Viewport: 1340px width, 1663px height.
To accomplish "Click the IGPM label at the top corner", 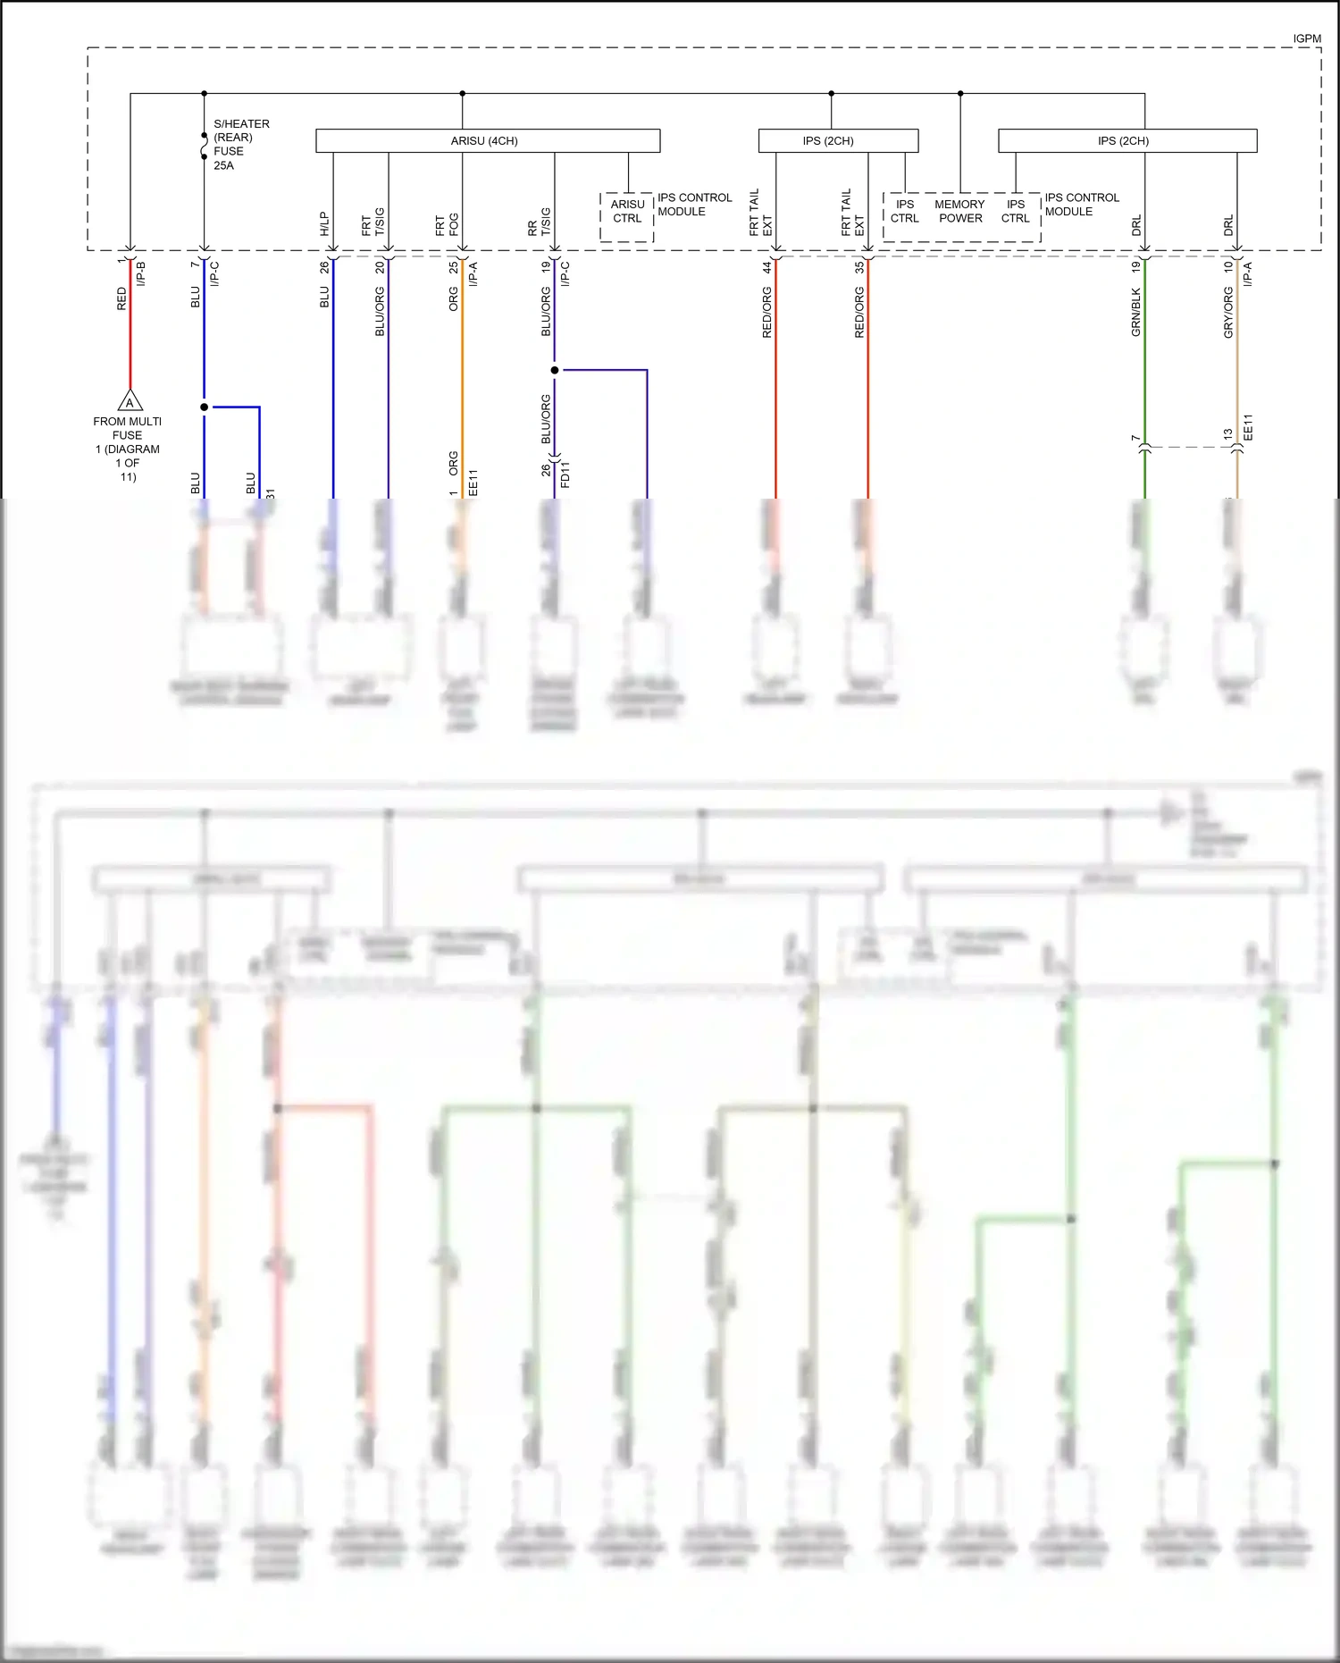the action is tap(1306, 38).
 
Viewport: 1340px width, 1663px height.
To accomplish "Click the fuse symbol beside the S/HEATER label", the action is tap(204, 146).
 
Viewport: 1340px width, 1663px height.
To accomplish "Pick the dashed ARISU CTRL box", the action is tap(627, 216).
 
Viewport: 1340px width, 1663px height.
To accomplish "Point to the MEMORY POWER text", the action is tap(960, 211).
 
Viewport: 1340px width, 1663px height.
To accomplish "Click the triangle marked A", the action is tap(130, 401).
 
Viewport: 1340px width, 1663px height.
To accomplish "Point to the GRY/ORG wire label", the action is tap(1228, 313).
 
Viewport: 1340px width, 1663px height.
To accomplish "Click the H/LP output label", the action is tap(324, 224).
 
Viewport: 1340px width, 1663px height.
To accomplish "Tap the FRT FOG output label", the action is tap(447, 224).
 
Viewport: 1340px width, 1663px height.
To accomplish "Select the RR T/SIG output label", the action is tap(539, 223).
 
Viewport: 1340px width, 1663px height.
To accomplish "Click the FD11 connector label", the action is tap(565, 475).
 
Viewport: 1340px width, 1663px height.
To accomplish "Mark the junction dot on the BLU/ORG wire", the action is tap(555, 370).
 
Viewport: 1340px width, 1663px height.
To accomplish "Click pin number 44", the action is tap(766, 266).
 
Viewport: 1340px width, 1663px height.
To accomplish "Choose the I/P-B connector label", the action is tap(141, 273).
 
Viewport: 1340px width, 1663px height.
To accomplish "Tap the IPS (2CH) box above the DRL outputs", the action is tap(1126, 141).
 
